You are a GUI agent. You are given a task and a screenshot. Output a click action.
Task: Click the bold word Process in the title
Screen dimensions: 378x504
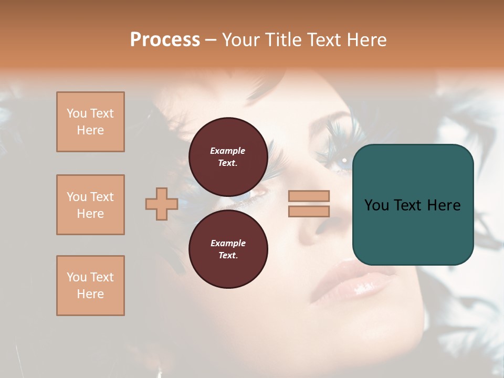(165, 40)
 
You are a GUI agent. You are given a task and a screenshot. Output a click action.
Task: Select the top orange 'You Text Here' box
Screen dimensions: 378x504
(90, 122)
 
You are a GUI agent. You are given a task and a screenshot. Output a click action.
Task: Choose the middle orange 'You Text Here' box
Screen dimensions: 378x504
(90, 205)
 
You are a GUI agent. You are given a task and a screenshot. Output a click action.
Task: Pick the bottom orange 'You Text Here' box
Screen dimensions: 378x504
(90, 286)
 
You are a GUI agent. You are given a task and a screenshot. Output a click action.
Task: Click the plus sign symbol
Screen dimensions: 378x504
(162, 204)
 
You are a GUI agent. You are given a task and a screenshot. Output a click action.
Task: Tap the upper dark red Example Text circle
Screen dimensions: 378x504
(228, 156)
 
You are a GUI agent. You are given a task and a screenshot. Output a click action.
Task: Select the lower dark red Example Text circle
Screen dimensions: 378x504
(228, 249)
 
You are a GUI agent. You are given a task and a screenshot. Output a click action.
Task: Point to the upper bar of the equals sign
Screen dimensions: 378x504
(309, 196)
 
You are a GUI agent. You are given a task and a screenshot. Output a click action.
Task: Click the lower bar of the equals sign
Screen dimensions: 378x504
(309, 211)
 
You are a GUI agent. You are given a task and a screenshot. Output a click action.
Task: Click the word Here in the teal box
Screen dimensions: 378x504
(444, 205)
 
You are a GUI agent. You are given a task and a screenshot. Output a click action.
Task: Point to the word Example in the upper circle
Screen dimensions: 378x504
(228, 151)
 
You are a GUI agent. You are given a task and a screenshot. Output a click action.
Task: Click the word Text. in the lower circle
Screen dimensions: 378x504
(228, 255)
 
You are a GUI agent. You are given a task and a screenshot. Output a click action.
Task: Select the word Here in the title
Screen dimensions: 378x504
(366, 40)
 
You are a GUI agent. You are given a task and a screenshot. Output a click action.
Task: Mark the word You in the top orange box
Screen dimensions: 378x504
(77, 113)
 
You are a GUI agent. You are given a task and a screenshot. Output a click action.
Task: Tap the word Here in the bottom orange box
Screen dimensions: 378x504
(90, 294)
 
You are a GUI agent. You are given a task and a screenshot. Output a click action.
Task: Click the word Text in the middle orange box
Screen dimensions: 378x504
(101, 197)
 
